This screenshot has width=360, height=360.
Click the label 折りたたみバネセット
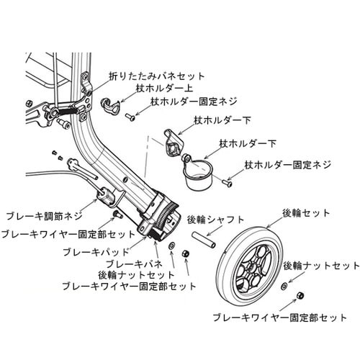click(x=156, y=75)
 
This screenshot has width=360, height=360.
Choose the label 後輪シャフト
click(x=215, y=219)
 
